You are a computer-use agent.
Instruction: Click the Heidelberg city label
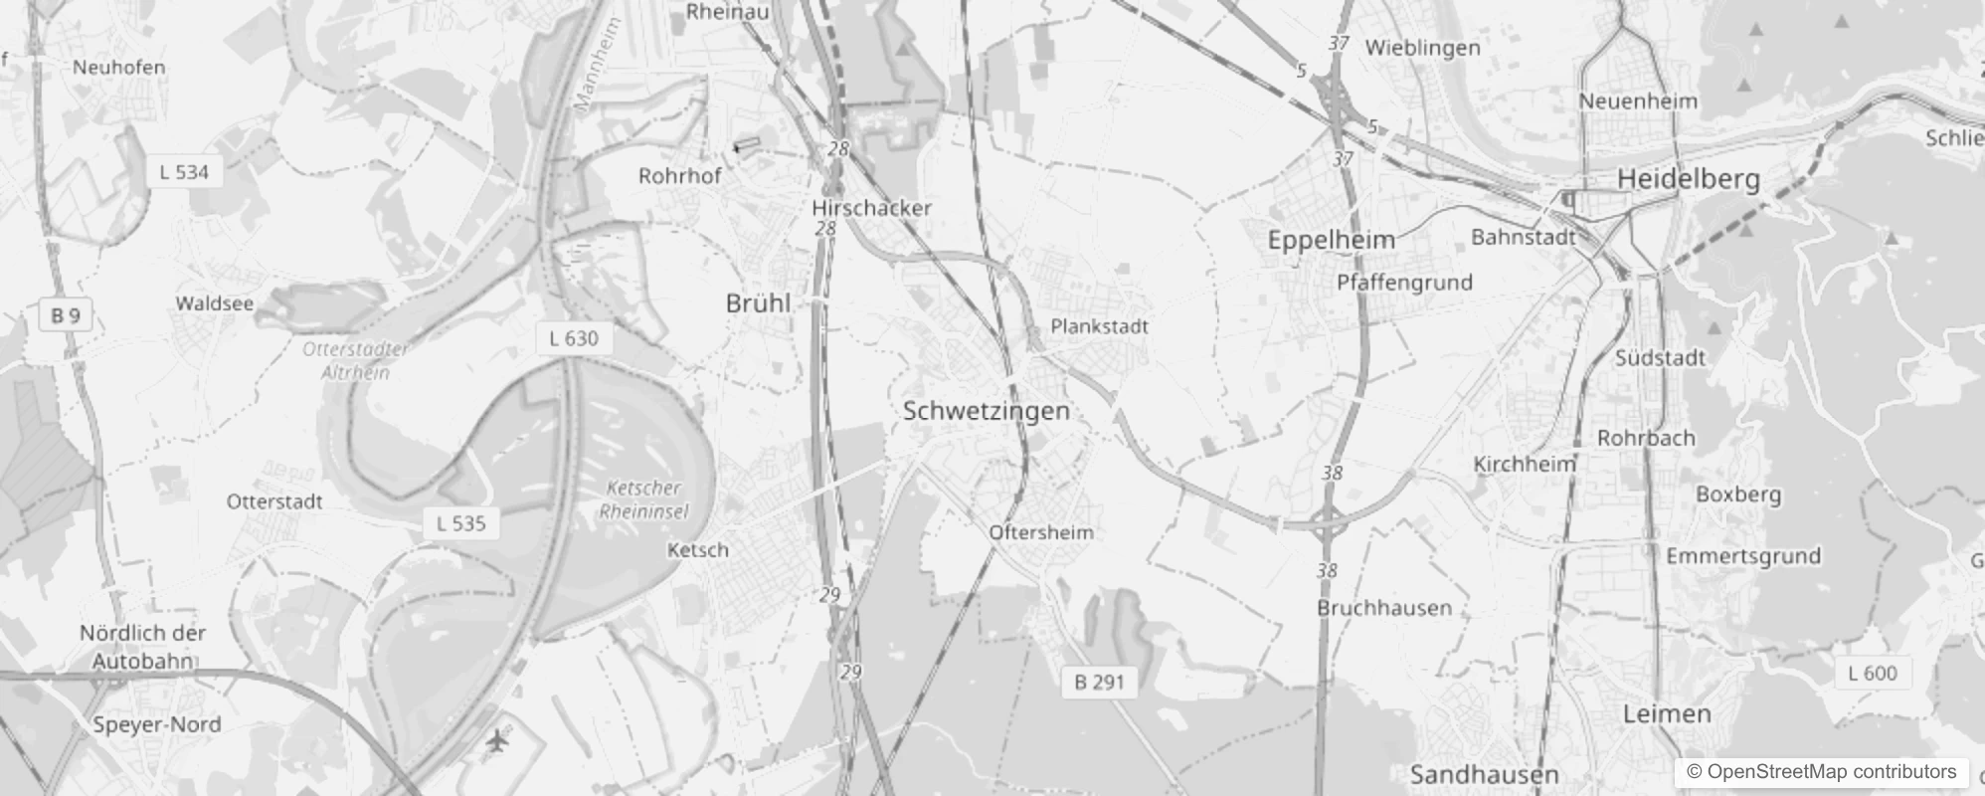[x=1688, y=179]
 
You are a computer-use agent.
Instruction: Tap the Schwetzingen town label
[x=986, y=411]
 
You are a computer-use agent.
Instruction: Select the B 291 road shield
[x=1099, y=682]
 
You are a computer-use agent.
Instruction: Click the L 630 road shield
[x=574, y=338]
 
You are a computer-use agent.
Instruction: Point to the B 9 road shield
[x=65, y=315]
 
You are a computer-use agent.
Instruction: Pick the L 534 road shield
[x=184, y=172]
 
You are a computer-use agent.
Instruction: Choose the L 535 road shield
[x=461, y=523]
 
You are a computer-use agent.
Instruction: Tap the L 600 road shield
[x=1872, y=674]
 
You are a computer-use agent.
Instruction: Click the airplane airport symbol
[x=497, y=740]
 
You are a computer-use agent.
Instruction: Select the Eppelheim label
[x=1331, y=240]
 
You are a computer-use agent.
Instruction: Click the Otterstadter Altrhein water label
[x=355, y=360]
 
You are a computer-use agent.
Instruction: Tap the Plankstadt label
[x=1099, y=326]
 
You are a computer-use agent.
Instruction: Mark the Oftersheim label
[x=1040, y=532]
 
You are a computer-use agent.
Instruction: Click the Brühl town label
[x=758, y=303]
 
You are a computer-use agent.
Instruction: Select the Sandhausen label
[x=1484, y=774]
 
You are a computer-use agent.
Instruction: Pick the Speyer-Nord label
[x=156, y=724]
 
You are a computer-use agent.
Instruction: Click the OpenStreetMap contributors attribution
[x=1821, y=772]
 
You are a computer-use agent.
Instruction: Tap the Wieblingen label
[x=1422, y=48]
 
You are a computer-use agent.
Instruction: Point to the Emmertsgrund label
[x=1742, y=556]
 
